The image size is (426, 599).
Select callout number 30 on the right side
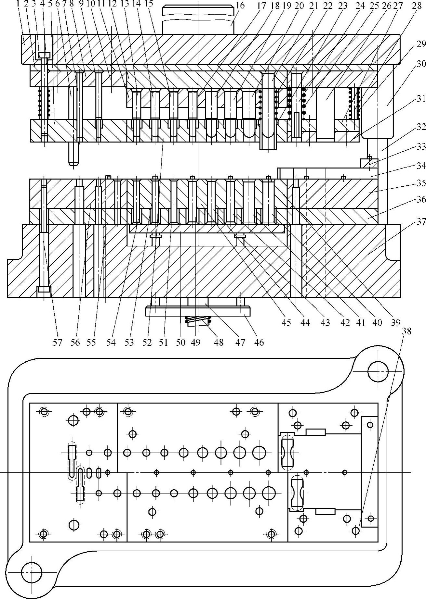pyautogui.click(x=421, y=64)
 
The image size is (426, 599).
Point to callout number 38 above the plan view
pyautogui.click(x=406, y=331)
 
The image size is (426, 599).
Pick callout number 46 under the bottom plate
pyautogui.click(x=259, y=343)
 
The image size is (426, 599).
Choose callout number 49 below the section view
pyautogui.click(x=196, y=343)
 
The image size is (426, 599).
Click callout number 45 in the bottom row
pyautogui.click(x=286, y=322)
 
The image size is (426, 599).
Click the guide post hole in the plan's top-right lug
pyautogui.click(x=378, y=371)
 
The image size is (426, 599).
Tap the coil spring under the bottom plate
pyautogui.click(x=198, y=320)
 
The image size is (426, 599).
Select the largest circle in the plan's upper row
pyautogui.click(x=259, y=452)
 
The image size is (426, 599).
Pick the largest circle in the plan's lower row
pyautogui.click(x=269, y=493)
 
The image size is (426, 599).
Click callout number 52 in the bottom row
pyautogui.click(x=147, y=343)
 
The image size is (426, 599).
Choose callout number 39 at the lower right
pyautogui.click(x=395, y=322)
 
